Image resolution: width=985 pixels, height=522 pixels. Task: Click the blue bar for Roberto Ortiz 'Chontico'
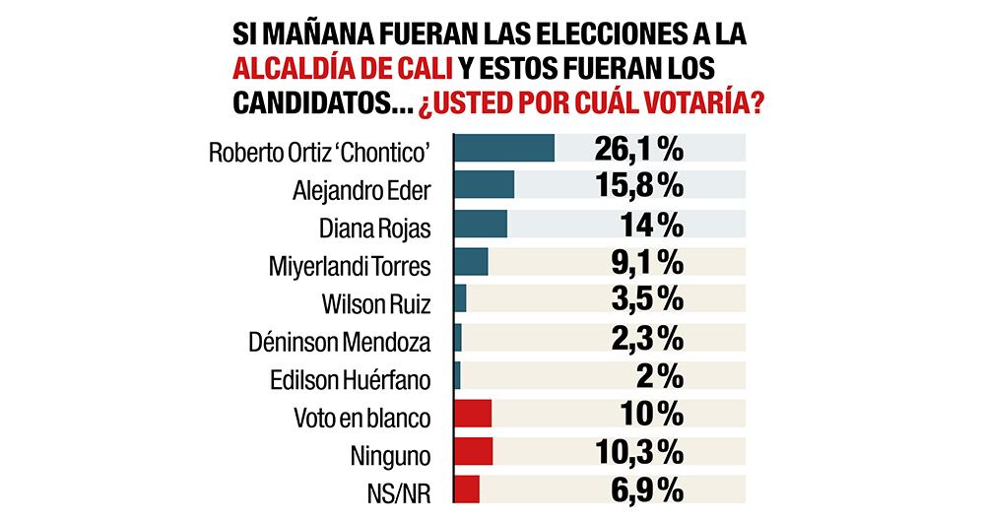click(x=503, y=148)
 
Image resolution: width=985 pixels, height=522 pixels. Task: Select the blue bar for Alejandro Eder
click(x=484, y=186)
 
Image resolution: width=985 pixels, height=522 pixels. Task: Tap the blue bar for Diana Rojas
click(x=480, y=225)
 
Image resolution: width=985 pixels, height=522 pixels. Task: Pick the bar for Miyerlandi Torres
click(x=471, y=262)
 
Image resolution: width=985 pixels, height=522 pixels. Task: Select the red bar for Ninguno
click(x=473, y=452)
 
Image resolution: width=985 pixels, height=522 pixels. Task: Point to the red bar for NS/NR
click(x=467, y=489)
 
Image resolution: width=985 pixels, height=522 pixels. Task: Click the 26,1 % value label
click(x=639, y=148)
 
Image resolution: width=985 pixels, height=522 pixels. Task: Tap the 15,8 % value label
click(x=639, y=186)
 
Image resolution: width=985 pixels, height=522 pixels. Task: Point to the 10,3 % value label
click(x=639, y=452)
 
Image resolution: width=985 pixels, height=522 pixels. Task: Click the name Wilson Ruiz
click(x=378, y=302)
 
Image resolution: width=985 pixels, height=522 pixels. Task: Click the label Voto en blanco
click(x=363, y=416)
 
